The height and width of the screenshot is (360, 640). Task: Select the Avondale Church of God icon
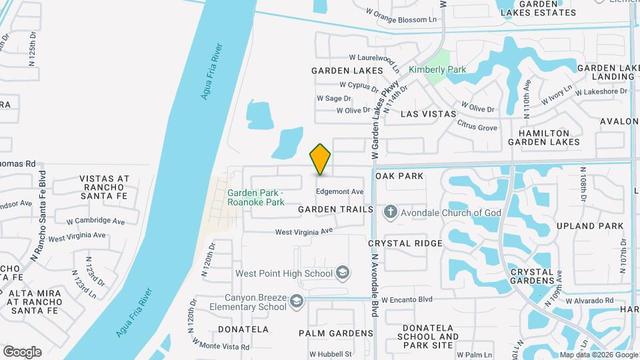[390, 213]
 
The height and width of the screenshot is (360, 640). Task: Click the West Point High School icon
[343, 273]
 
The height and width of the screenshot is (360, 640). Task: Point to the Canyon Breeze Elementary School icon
[296, 302]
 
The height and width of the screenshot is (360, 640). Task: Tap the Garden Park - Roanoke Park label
[255, 197]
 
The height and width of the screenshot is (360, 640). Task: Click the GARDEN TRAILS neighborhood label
[335, 209]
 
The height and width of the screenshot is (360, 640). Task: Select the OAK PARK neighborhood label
[399, 176]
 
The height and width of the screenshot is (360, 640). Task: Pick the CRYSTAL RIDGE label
[405, 243]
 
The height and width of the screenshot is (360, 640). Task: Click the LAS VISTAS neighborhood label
[428, 114]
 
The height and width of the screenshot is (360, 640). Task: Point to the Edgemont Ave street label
[339, 191]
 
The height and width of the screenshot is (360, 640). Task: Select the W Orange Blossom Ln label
[401, 19]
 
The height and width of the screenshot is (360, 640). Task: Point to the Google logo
[22, 352]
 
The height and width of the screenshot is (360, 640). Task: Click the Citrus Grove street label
[477, 127]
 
